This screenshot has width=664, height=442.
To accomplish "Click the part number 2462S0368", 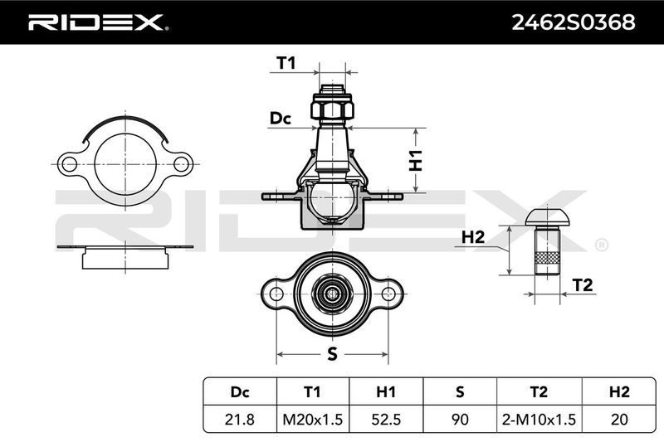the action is click(x=574, y=22).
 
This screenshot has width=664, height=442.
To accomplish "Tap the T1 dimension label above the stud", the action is click(x=286, y=63).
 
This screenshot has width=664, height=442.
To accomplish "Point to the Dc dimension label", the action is click(x=281, y=119).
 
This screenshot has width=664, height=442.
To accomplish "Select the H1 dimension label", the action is click(x=416, y=160).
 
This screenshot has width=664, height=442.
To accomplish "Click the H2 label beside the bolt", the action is click(x=472, y=237).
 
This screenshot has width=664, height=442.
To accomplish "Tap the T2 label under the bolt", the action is click(x=583, y=285).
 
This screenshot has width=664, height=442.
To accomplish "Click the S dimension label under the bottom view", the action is click(x=333, y=353).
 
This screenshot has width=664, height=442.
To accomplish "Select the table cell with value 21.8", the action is click(x=240, y=419).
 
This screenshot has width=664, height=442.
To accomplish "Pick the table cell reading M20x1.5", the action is click(x=313, y=419).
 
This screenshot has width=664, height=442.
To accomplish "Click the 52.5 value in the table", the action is click(x=386, y=419).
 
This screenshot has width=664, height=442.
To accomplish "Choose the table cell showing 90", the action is click(x=460, y=419).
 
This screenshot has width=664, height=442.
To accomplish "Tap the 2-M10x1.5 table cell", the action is click(x=539, y=419).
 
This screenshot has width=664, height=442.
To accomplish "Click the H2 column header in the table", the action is click(x=619, y=392).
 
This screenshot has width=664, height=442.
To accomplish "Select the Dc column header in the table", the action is click(x=240, y=392).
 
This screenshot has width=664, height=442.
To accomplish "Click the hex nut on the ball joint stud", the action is click(x=333, y=108).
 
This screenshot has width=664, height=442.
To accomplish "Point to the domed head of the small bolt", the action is click(x=547, y=217).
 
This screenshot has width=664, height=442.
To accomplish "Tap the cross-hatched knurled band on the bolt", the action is click(x=547, y=258).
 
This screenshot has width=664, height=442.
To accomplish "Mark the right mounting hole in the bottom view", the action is click(x=388, y=294).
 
